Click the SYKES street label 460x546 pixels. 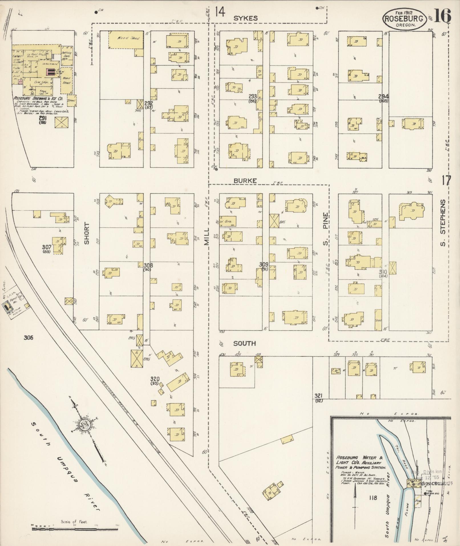245,18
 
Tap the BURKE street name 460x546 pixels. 245,181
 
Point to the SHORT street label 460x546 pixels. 87,233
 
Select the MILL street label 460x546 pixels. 206,237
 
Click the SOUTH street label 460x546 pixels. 244,343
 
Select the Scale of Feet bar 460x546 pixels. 75,529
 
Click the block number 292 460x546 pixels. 149,103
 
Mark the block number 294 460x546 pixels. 384,96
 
